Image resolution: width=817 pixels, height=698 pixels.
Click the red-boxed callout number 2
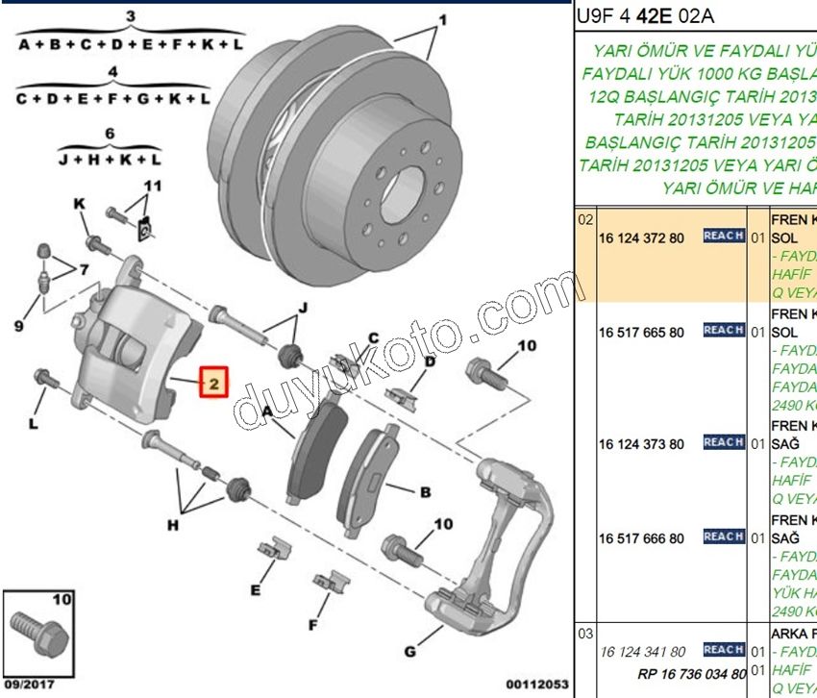point(212,383)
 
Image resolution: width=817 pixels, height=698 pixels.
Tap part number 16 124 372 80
point(641,237)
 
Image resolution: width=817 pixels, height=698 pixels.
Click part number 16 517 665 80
point(641,332)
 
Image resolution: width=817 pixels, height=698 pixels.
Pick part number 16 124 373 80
point(641,444)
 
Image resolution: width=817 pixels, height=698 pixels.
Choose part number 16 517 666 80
point(641,538)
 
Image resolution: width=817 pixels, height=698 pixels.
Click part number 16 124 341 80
point(641,652)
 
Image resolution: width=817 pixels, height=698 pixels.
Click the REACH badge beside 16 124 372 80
point(723,236)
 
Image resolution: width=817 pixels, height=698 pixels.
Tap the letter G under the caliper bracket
point(410,651)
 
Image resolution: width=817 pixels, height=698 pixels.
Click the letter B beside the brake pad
point(424,492)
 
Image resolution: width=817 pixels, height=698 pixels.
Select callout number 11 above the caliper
point(154,186)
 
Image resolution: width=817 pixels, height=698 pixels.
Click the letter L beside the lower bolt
point(35,421)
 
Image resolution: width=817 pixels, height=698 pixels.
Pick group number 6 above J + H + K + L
point(110,134)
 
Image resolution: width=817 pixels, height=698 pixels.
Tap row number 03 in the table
point(585,634)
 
